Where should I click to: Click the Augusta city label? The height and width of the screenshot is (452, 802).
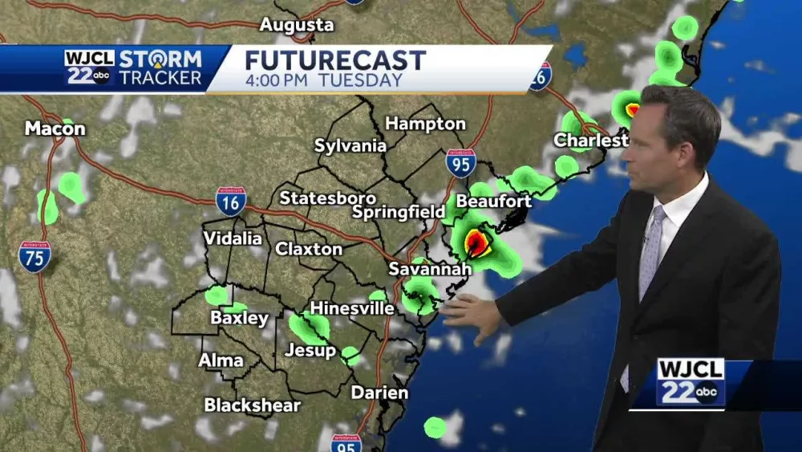297,25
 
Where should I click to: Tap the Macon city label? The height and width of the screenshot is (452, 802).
55,128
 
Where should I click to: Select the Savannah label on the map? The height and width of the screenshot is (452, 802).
429,269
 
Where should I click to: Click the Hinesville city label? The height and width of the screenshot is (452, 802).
352,308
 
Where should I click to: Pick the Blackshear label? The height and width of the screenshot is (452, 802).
252,405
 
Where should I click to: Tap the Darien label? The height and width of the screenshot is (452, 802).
379,393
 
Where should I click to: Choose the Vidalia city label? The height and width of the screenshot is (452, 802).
233,238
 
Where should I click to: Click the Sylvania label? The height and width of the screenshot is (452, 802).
350,146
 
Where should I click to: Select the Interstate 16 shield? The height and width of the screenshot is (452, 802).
230,202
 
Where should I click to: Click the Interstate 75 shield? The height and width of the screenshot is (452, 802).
34,256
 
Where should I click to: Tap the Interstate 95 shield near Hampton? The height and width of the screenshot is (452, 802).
460,162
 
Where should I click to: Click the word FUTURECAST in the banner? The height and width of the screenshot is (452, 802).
335,60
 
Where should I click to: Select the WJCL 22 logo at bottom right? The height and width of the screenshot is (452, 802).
691,382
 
